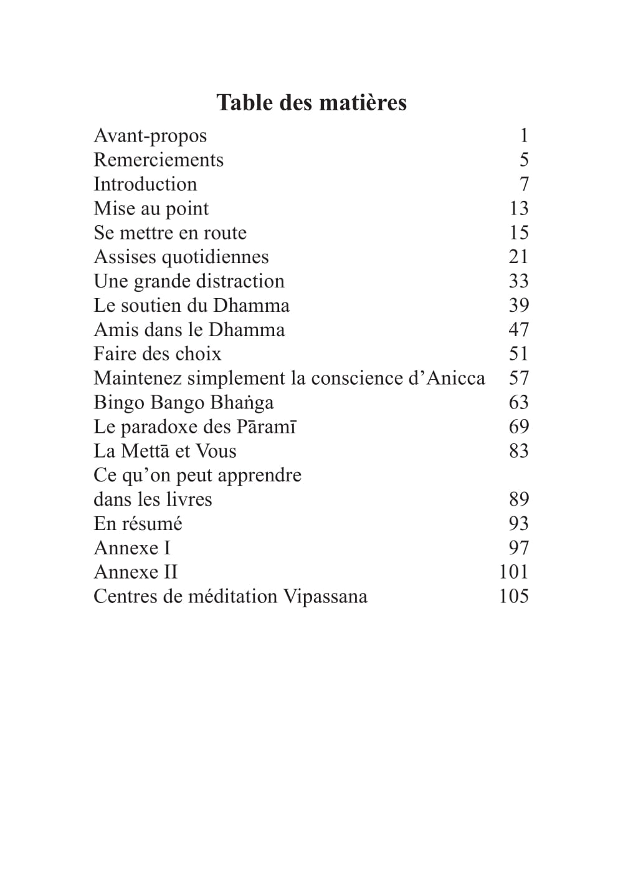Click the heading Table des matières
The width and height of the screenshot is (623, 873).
pos(311,103)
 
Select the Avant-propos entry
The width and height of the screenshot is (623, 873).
pos(150,136)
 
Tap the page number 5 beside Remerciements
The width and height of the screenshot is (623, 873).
pos(524,160)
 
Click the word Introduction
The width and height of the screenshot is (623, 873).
pos(145,185)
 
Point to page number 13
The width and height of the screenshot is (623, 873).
pos(518,209)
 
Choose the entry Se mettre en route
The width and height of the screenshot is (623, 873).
pos(170,233)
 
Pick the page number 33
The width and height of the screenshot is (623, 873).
pos(518,281)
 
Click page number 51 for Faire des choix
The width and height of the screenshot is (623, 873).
pos(518,354)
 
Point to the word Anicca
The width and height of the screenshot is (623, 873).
pos(455,379)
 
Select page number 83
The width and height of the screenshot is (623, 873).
pos(518,451)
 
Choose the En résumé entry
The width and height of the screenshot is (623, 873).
pos(138,524)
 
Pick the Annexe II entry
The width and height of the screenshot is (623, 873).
pos(136,572)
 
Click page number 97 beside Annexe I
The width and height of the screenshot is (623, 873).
pos(518,548)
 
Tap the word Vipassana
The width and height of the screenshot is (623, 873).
pos(325,597)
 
